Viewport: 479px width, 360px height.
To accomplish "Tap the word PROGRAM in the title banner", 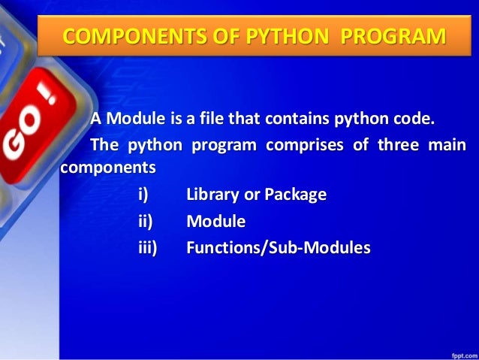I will pyautogui.click(x=390, y=35).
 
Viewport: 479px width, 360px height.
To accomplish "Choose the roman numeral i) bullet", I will pyautogui.click(x=143, y=195).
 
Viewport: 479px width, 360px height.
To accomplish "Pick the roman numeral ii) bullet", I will pyautogui.click(x=144, y=221).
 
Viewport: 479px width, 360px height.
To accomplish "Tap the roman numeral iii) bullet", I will pyautogui.click(x=147, y=247).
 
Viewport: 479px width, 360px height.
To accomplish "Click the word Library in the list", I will pyautogui.click(x=212, y=195).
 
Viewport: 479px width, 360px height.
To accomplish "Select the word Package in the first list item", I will pyautogui.click(x=296, y=195).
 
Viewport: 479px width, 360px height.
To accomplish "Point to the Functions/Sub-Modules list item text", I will pyautogui.click(x=278, y=247).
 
